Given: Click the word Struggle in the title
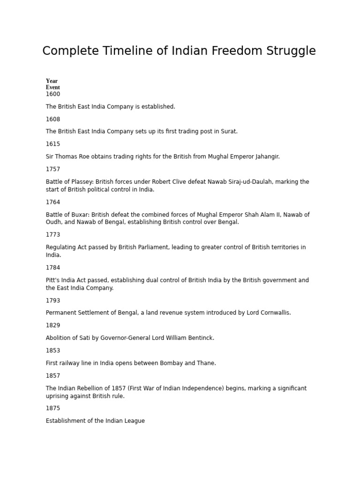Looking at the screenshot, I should point(291,51).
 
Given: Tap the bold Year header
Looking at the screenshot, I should point(52,81).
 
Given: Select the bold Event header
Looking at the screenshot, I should point(52,87).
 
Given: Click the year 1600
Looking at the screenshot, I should point(53,94).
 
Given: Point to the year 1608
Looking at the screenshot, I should point(53,119).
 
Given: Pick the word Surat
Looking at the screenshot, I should point(229,132).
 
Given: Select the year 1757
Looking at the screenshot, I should point(53,169).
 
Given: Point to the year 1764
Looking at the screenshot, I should point(53,202).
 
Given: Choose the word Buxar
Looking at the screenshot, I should point(78,215).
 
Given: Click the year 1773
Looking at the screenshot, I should point(53,235).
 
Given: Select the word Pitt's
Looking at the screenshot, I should point(54,280).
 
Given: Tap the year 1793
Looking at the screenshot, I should point(53,300).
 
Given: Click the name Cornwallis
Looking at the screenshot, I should point(275,313).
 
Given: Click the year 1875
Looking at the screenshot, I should point(53,408).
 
